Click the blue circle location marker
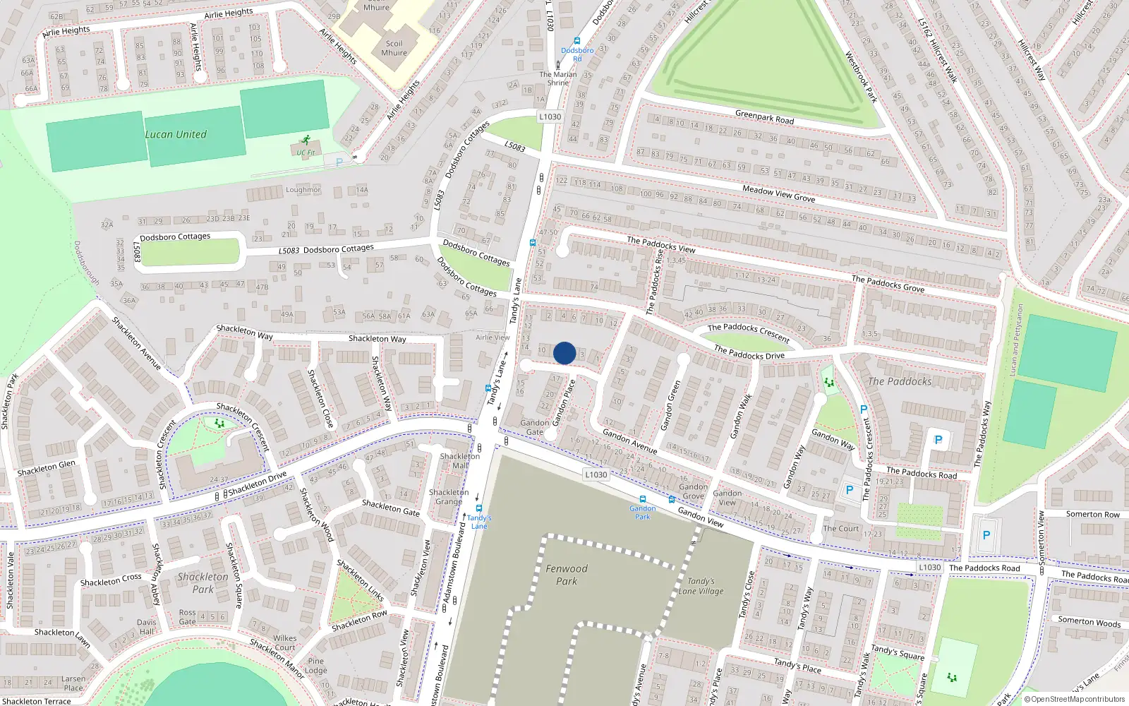(x=564, y=353)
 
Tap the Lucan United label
(x=176, y=134)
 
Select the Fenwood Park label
(x=566, y=575)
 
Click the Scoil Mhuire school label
(x=394, y=48)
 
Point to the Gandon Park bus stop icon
(x=642, y=499)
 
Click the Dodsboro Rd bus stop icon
(x=577, y=42)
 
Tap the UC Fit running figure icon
(x=306, y=140)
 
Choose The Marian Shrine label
(x=557, y=78)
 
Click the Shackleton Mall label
(x=460, y=460)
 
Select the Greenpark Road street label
(x=764, y=117)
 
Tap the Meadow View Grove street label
(x=778, y=194)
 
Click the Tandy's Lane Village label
(x=701, y=586)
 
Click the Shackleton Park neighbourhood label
(x=203, y=582)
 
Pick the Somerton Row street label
(x=1092, y=514)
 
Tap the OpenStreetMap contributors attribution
(x=1077, y=700)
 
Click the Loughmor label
(x=303, y=190)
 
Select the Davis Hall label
(x=146, y=627)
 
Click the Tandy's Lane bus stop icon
(x=479, y=508)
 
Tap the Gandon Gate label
(x=534, y=427)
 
